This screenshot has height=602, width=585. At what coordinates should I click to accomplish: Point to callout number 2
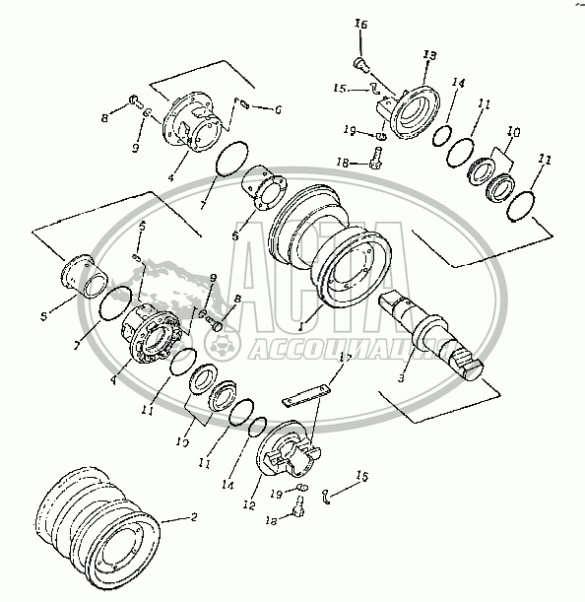pos(193,517)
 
